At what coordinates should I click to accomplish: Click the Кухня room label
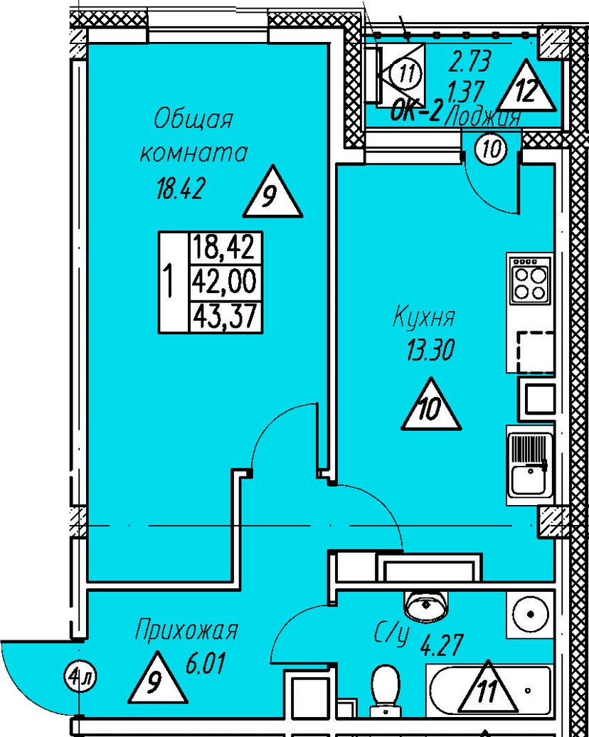[424, 317]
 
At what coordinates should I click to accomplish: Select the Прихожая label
[186, 630]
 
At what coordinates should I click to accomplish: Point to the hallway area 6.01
[204, 667]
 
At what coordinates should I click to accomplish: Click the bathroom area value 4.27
[442, 647]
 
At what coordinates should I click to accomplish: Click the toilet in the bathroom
[387, 686]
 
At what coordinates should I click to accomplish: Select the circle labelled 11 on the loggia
[406, 74]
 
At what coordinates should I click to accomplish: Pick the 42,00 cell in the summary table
[223, 282]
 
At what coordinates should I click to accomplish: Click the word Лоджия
[484, 117]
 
